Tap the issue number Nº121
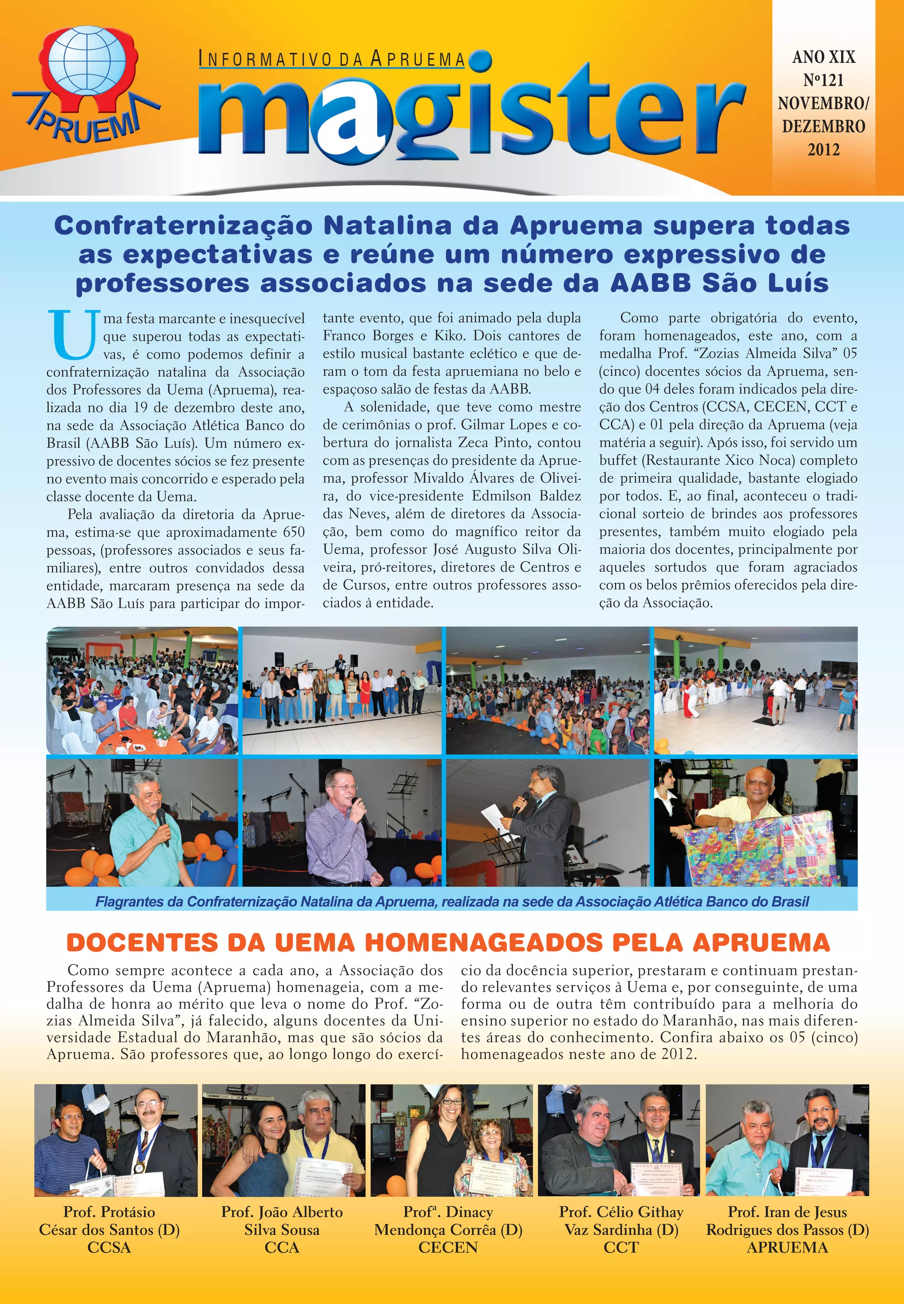click(823, 80)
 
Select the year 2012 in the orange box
click(823, 150)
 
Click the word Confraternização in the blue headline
click(183, 226)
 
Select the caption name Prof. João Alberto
click(282, 1212)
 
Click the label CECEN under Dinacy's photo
click(448, 1247)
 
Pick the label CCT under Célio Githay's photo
click(621, 1247)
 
